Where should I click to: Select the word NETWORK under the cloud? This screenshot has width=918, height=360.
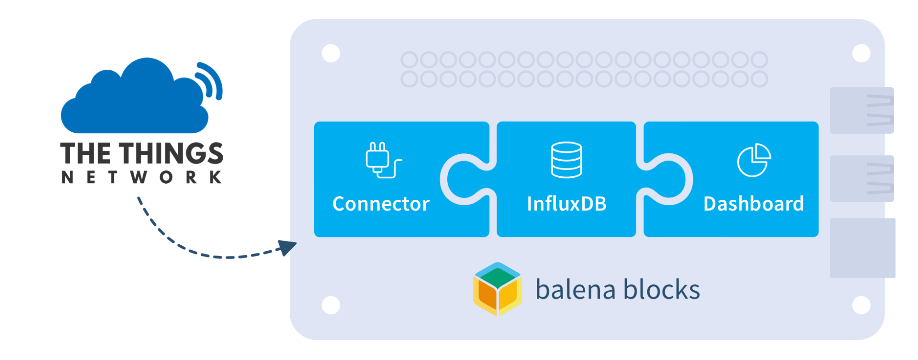coord(142,177)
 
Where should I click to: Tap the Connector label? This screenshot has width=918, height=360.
coord(381,204)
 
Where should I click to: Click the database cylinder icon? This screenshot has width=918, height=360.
coord(566,160)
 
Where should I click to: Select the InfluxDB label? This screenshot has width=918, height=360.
coord(567,204)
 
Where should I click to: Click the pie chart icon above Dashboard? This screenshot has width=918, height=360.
coord(754,160)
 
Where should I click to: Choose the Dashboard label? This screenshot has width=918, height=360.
coord(754,204)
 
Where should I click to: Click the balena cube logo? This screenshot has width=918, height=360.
coord(497,289)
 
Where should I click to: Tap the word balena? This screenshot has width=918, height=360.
coord(575,290)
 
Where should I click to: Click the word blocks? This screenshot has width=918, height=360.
coord(661,290)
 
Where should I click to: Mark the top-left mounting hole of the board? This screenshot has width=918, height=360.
coord(331,53)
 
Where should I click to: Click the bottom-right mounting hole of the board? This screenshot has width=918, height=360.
coord(861,305)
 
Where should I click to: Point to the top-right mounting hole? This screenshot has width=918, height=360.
coord(861,53)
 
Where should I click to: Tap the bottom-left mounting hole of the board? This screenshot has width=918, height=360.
coord(331,305)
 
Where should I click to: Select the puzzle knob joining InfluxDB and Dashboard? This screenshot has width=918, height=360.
coord(668,179)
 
